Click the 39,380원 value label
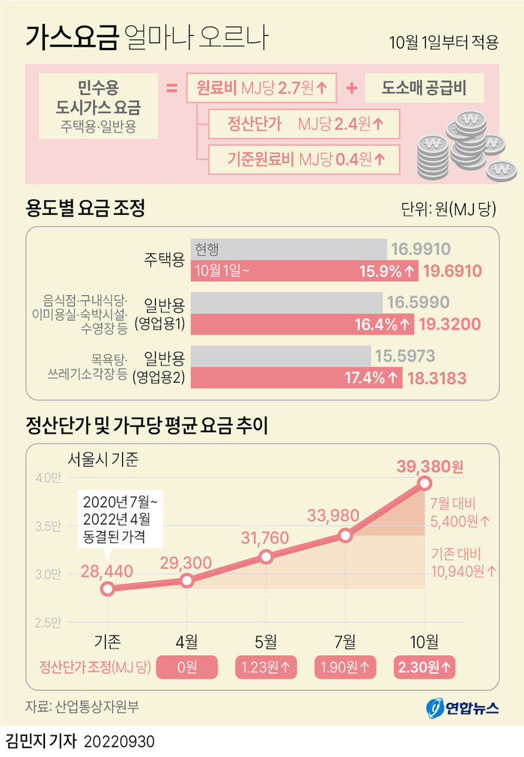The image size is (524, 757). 424,466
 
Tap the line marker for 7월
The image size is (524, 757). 345,535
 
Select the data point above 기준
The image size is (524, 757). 108,589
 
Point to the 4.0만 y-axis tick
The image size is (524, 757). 47,478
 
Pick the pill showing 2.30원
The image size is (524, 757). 424,666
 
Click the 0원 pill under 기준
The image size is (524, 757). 186,666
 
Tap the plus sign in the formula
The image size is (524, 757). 352,88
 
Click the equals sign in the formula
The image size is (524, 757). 171,88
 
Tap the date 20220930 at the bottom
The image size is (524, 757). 120,741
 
